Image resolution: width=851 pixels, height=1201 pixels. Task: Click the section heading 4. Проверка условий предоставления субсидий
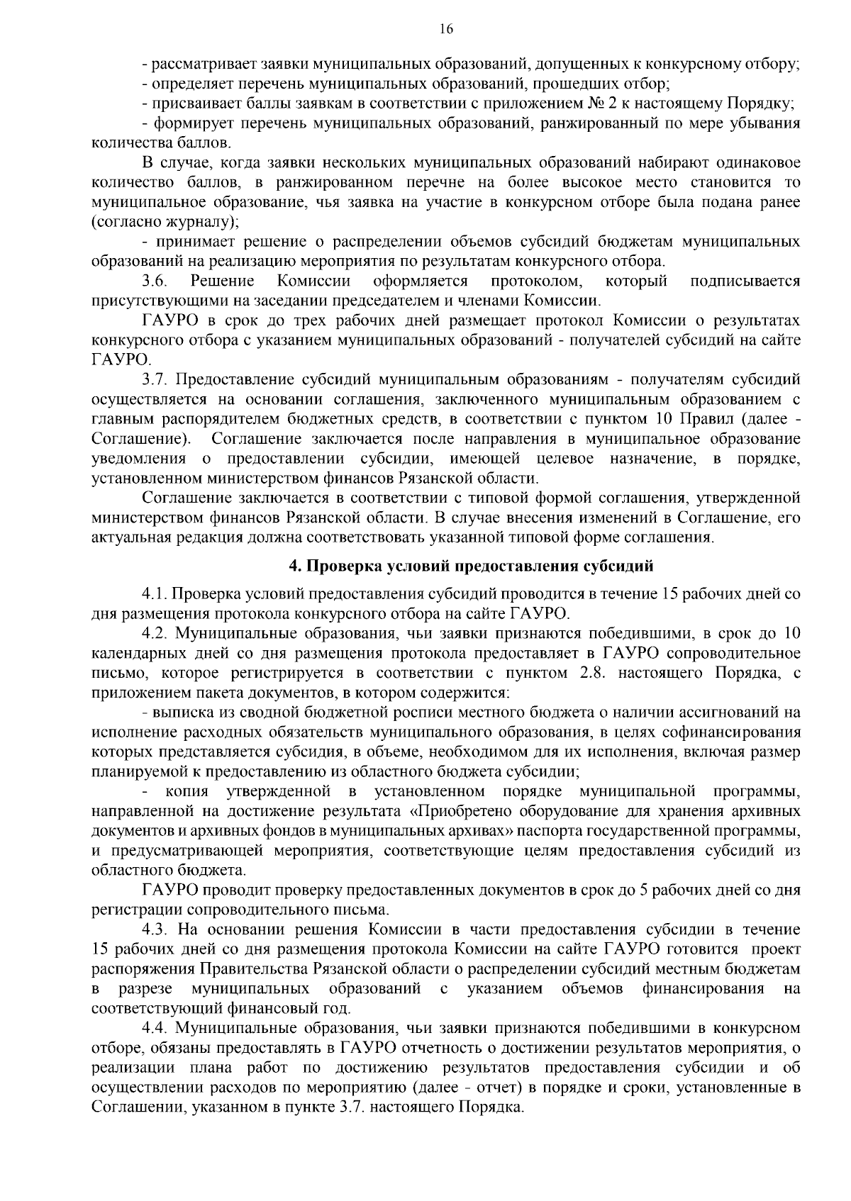pyautogui.click(x=470, y=566)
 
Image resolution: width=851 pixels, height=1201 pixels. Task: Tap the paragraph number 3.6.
pyautogui.click(x=154, y=281)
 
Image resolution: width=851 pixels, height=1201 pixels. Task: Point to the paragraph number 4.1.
pyautogui.click(x=156, y=593)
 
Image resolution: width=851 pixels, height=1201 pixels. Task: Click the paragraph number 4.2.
pyautogui.click(x=157, y=633)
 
